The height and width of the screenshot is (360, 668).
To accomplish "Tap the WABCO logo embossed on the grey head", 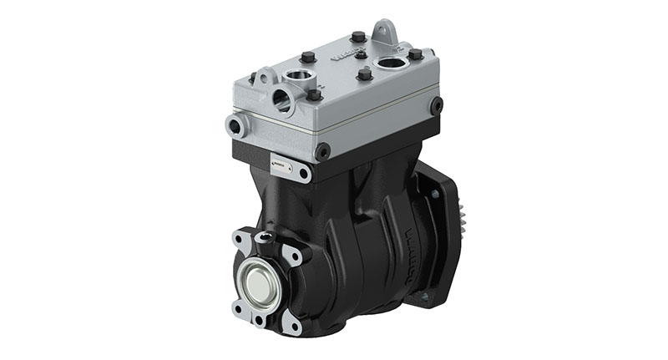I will (x=346, y=56).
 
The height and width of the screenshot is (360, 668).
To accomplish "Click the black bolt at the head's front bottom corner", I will (x=322, y=151).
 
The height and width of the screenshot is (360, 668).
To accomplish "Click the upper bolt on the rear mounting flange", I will (x=434, y=194).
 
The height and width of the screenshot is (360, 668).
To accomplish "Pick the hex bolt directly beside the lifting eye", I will (x=359, y=38).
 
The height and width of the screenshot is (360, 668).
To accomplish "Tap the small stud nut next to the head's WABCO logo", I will (x=361, y=54).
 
